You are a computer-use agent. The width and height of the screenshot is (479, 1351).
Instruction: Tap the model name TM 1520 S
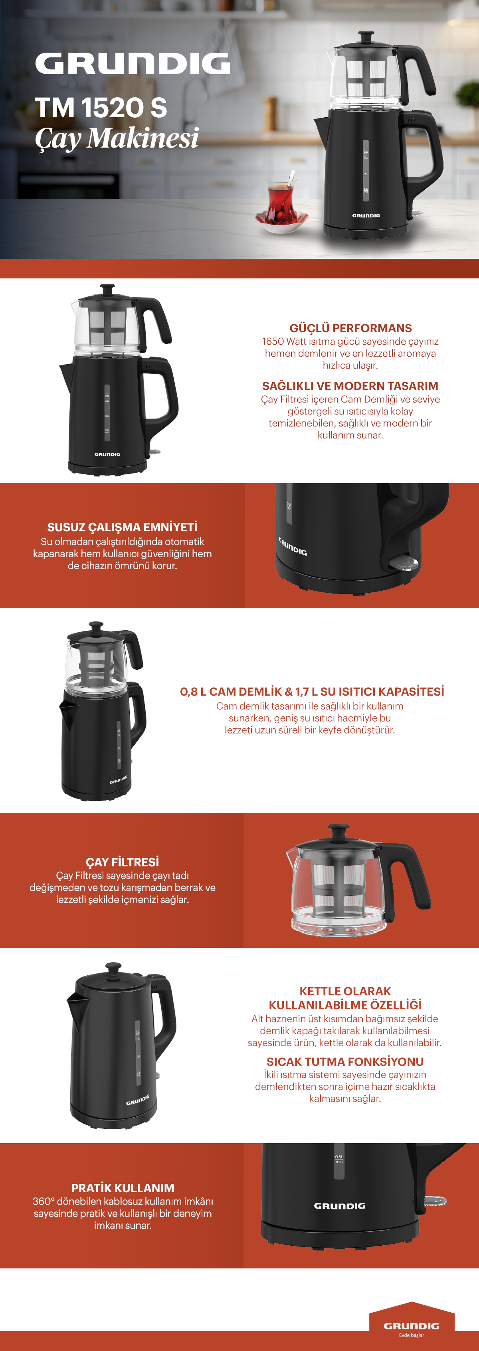(101, 108)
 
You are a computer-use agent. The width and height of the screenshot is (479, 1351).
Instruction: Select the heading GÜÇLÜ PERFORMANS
(350, 328)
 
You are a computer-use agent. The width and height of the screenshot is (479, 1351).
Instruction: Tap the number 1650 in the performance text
(273, 341)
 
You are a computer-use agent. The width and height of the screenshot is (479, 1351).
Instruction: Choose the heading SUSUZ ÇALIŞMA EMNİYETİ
(122, 527)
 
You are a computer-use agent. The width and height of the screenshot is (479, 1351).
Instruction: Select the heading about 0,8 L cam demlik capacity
(312, 691)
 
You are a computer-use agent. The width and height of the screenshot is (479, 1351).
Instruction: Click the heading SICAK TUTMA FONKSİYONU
(345, 1061)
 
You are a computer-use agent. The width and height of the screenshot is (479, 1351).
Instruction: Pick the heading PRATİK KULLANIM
(123, 1188)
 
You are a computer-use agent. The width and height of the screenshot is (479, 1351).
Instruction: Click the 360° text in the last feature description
(44, 1201)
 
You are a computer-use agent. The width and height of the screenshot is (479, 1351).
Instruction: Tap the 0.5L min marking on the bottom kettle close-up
(339, 1159)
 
